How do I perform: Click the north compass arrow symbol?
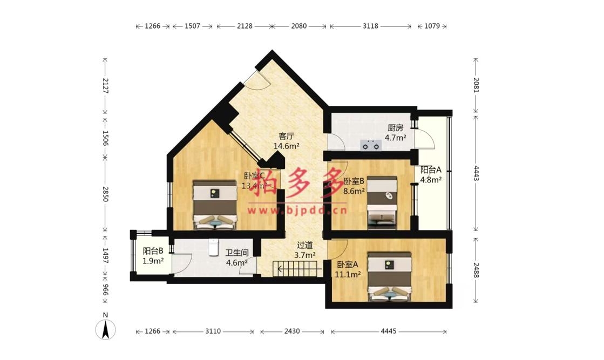click(105, 330)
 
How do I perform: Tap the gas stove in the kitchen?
click(371, 146)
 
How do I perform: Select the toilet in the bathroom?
click(213, 247)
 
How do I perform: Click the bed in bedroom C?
click(215, 205)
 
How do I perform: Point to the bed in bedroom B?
click(382, 202)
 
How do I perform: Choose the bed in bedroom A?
click(389, 276)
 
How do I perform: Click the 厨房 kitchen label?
click(395, 128)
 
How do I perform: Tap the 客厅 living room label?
click(286, 137)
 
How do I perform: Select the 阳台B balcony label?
click(153, 251)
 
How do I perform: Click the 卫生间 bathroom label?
click(236, 253)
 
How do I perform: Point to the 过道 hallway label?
click(304, 245)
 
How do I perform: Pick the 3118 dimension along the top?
click(371, 26)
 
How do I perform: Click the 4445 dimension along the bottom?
click(388, 331)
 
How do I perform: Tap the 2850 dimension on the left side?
click(105, 194)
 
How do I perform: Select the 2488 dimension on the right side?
click(476, 270)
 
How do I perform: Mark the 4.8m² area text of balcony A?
click(431, 180)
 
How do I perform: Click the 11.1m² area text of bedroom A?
click(348, 275)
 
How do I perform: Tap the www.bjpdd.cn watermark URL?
click(297, 210)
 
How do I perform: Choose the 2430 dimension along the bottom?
click(292, 331)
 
